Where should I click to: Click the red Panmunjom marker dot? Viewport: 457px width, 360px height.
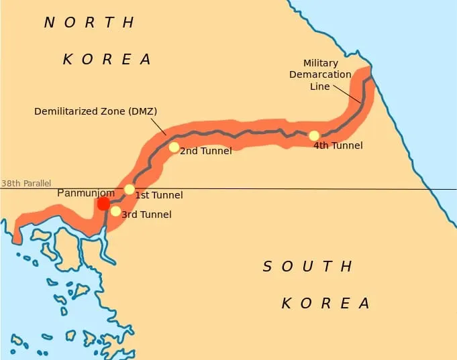pos(103,204)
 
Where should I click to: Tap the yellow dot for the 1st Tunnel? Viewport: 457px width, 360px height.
pos(130,190)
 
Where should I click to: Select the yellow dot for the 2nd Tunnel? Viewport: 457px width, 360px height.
pos(174,147)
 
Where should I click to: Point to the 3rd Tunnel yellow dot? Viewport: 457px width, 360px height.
pos(115,211)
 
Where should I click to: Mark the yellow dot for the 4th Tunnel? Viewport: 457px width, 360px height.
pos(314,135)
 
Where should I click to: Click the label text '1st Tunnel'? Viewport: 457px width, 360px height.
pos(159,195)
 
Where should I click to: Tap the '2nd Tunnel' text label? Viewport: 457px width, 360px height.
pos(206,151)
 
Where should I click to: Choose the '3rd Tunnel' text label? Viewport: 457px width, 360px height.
pos(146,215)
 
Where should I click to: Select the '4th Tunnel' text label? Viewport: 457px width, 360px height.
pos(338,145)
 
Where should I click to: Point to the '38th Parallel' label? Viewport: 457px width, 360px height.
pos(26,183)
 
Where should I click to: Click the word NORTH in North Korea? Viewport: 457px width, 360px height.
pos(89,22)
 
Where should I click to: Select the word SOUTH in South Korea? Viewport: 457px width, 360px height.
pos(307,267)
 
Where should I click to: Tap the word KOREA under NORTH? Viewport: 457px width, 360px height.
pos(107,59)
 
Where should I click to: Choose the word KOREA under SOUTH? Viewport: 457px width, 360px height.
pos(326,303)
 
